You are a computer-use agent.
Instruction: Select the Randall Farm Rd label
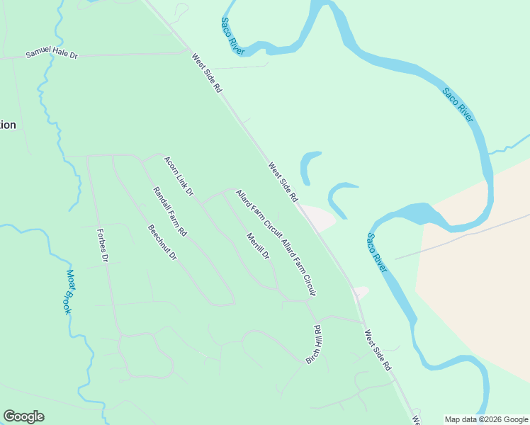click(170, 211)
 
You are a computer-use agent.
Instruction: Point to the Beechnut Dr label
click(162, 242)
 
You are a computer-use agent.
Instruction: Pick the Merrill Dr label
click(258, 246)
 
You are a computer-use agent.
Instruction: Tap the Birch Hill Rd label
click(314, 345)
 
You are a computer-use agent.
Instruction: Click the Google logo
click(23, 416)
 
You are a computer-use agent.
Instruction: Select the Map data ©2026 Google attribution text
click(485, 419)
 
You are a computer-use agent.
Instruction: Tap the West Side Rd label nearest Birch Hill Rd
click(378, 351)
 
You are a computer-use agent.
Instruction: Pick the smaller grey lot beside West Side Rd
click(361, 292)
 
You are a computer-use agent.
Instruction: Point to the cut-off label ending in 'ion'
click(7, 125)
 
